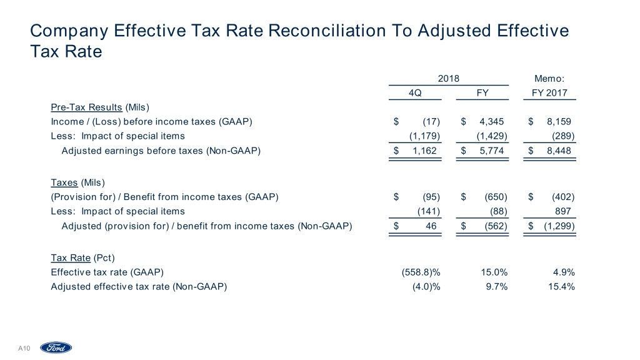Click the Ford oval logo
tap(56, 348)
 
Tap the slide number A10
tap(24, 348)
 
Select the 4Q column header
tap(414, 93)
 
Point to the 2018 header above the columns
tap(449, 79)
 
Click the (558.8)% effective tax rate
tap(422, 272)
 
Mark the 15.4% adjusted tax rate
tap(560, 286)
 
